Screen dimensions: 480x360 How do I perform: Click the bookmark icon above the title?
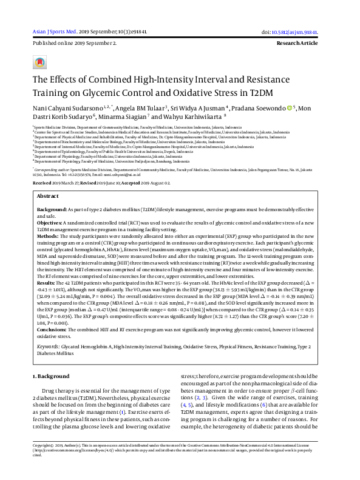(x=39, y=63)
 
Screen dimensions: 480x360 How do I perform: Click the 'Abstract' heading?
(x=48, y=197)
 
